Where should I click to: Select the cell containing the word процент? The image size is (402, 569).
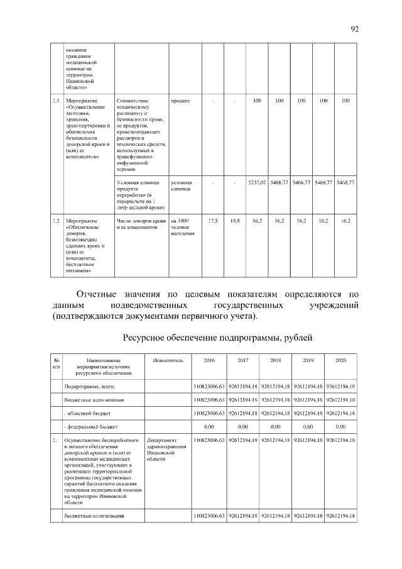[x=180, y=101]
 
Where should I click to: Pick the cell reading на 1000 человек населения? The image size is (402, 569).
[x=183, y=227]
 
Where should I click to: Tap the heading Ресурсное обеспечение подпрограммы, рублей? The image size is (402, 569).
[x=217, y=338]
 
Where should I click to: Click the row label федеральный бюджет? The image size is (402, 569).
[x=92, y=427]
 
